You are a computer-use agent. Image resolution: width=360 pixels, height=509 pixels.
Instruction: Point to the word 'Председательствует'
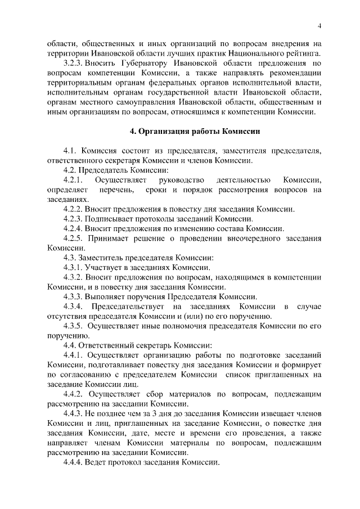(128, 306)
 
